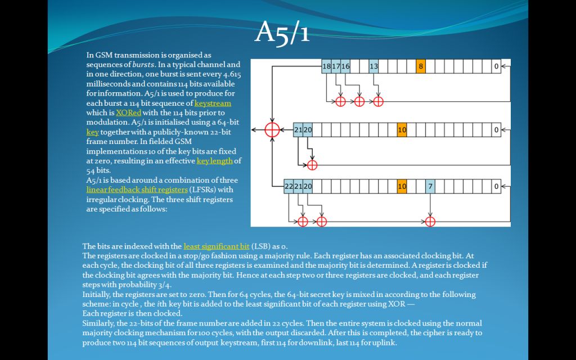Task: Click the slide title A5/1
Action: point(282,33)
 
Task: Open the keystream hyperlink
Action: point(213,103)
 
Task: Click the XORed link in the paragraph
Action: point(128,112)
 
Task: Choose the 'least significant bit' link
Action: point(216,246)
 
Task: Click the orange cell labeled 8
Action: point(421,66)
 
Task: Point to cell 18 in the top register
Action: point(326,66)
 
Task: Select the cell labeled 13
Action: point(373,66)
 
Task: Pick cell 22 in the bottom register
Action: point(289,186)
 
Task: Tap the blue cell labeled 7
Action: point(430,186)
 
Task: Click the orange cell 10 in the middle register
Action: point(402,130)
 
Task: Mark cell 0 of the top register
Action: point(496,66)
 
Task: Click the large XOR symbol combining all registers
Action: point(272,130)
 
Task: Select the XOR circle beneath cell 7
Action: point(430,221)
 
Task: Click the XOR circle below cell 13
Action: point(378,101)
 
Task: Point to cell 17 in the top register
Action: point(336,66)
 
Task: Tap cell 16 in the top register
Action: point(345,66)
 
